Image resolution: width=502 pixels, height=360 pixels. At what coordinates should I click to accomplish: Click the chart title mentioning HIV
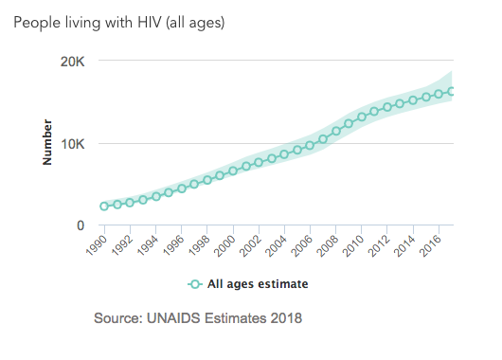[119, 23]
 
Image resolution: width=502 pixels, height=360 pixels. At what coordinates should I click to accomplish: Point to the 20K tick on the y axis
[73, 62]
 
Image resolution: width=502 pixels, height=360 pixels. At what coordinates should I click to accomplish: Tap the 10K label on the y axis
[73, 144]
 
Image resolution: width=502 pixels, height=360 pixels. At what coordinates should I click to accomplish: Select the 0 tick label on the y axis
[81, 225]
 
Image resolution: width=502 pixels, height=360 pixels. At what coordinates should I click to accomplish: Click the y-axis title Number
[47, 142]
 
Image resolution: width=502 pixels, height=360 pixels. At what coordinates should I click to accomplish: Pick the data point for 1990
[104, 207]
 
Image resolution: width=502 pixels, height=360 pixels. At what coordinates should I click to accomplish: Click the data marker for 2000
[233, 171]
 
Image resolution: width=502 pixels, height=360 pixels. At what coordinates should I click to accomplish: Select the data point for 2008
[336, 131]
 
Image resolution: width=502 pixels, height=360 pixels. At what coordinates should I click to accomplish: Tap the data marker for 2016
[439, 94]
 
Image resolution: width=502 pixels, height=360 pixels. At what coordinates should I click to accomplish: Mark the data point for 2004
[284, 154]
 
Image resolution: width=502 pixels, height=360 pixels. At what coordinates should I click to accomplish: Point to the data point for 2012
[387, 107]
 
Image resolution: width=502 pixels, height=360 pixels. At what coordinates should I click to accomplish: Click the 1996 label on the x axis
[173, 245]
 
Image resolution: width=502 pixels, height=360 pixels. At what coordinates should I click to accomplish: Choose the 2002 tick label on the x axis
[250, 245]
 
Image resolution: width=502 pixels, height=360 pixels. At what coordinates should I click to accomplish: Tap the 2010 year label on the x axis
[352, 245]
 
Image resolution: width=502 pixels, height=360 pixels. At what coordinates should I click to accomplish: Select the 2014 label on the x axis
[404, 245]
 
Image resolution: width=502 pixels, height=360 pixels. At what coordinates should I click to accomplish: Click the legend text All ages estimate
[258, 284]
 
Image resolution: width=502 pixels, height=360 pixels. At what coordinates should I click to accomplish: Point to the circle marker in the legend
[195, 284]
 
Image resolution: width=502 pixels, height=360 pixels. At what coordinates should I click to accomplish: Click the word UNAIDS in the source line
[173, 318]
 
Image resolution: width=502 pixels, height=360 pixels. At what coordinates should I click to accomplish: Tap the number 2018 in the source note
[286, 318]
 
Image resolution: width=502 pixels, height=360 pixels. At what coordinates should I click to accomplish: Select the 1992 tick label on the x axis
[122, 245]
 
